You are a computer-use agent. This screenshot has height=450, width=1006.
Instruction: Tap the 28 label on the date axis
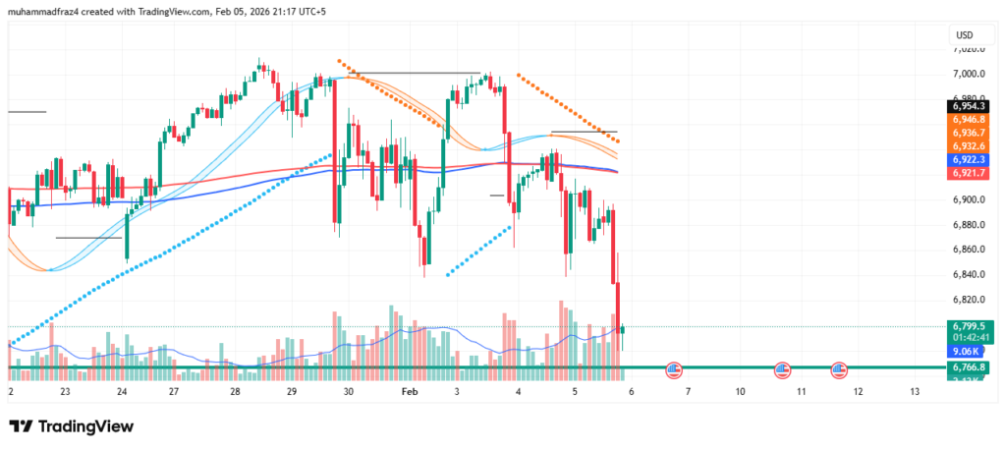coord(235,391)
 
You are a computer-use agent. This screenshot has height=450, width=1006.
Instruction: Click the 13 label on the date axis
coord(915,391)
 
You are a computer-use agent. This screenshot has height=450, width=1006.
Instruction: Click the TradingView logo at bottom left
coord(71,426)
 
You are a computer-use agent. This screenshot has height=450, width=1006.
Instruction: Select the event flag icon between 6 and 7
coord(674,369)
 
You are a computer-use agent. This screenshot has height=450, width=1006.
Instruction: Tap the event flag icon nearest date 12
coord(838,369)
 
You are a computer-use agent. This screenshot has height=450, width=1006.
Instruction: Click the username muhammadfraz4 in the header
coord(43,9)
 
